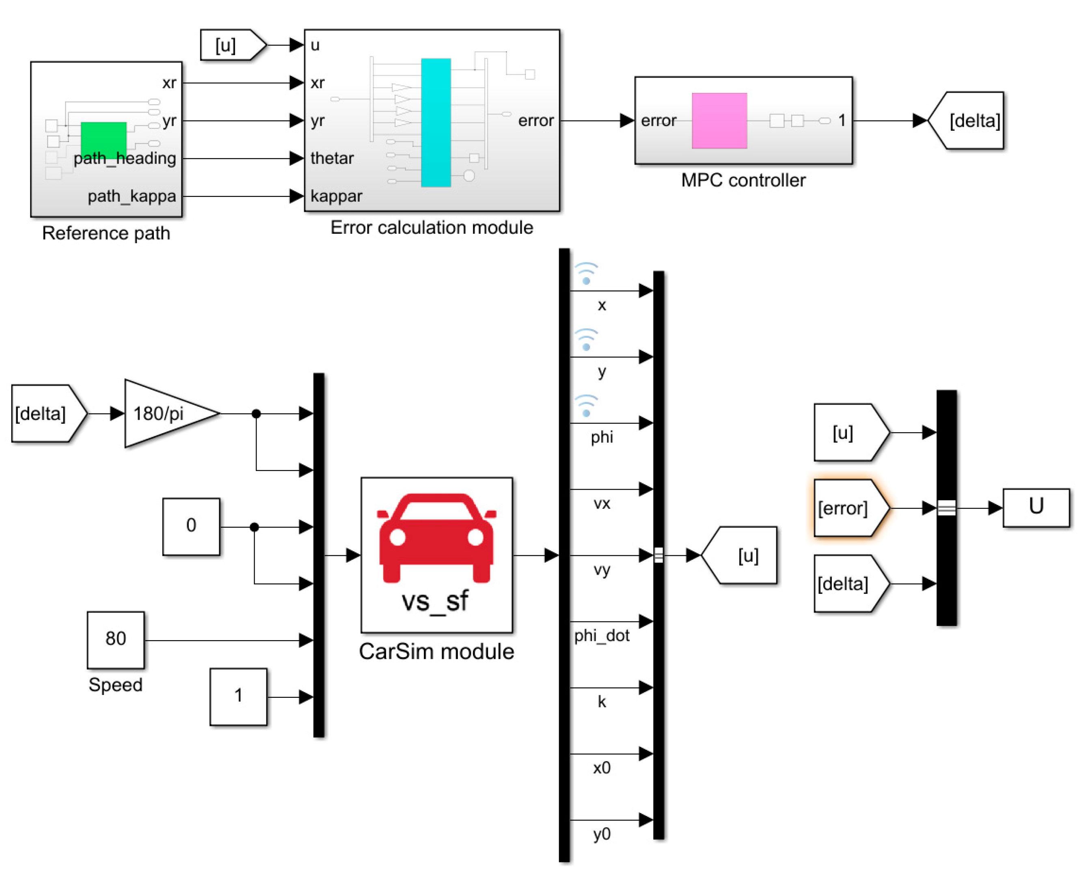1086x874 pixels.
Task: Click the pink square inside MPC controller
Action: point(719,121)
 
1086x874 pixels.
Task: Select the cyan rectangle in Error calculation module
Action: point(436,123)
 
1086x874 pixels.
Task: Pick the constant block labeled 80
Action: point(115,640)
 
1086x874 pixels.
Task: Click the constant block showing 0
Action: point(191,527)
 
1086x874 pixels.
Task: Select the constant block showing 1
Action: point(238,697)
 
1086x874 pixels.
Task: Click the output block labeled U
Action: point(1036,507)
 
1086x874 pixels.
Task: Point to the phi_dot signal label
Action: point(601,636)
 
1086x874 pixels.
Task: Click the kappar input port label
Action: point(336,196)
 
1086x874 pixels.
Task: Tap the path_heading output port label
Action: point(125,158)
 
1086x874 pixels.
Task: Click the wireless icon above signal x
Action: point(586,274)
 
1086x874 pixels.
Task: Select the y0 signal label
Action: point(601,834)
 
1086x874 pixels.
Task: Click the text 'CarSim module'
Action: point(436,652)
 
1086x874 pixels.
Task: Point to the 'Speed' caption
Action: point(115,684)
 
